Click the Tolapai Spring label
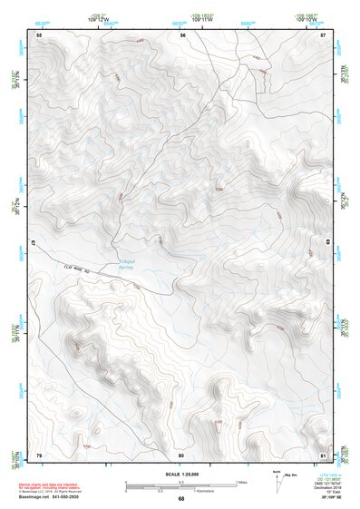[x=132, y=266]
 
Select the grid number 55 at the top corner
[x=38, y=34]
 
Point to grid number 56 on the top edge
[x=182, y=34]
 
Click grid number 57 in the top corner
[x=324, y=34]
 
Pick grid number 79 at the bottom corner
[x=38, y=454]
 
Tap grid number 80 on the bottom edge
[x=181, y=454]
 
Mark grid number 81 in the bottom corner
[x=324, y=454]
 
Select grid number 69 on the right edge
[x=328, y=243]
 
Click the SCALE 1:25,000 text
[x=181, y=475]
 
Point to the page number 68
[x=181, y=499]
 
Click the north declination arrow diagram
[x=277, y=478]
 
